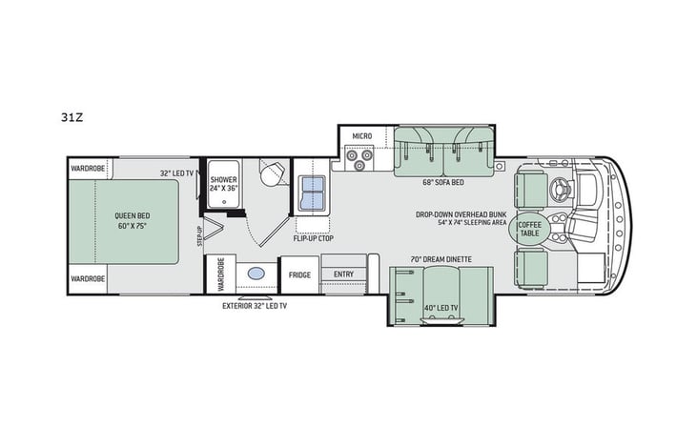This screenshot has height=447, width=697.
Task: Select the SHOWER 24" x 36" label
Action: click(x=226, y=183)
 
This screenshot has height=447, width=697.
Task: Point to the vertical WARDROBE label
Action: click(x=219, y=274)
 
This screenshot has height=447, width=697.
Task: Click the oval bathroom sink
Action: click(x=256, y=273)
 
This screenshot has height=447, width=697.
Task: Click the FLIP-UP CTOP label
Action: click(x=313, y=239)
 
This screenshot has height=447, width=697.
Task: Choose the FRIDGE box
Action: click(x=298, y=274)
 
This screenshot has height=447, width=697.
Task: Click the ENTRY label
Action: click(x=341, y=274)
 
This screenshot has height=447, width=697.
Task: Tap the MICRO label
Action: click(x=361, y=137)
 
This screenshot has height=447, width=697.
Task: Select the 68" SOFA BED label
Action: click(x=442, y=180)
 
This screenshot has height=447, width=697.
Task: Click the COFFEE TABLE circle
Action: click(x=527, y=229)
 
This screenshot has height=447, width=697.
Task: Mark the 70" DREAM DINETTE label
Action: click(x=438, y=259)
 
